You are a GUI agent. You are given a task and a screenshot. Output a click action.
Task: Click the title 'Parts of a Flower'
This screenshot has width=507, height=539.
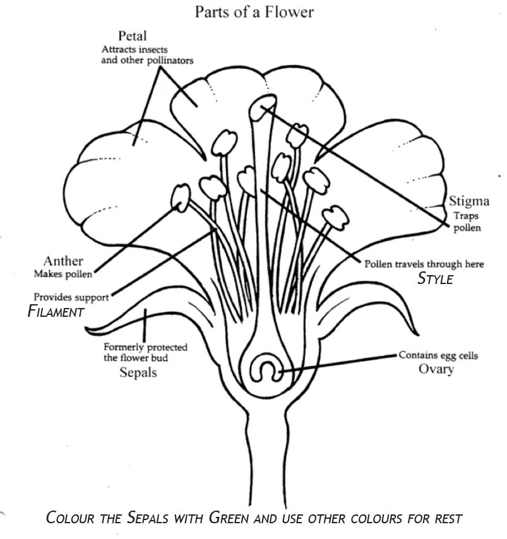pyautogui.click(x=254, y=11)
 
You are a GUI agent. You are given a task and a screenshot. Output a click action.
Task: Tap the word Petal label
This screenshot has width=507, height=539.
pyautogui.click(x=132, y=36)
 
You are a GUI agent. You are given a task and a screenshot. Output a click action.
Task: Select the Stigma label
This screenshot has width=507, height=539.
pyautogui.click(x=469, y=202)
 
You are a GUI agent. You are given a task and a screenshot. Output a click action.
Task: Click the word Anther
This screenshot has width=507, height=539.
pyautogui.click(x=63, y=261)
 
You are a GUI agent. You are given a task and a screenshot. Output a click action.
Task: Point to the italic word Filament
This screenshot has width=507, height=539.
pyautogui.click(x=56, y=311)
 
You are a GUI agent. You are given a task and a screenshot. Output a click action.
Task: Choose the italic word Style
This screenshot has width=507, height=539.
pyautogui.click(x=435, y=279)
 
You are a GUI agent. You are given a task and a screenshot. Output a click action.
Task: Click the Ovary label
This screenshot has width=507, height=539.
pyautogui.click(x=436, y=369)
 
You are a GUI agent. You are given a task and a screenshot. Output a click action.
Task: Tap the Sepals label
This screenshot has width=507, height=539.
pyautogui.click(x=138, y=372)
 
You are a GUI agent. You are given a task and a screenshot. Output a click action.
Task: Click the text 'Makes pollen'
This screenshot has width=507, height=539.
pyautogui.click(x=63, y=274)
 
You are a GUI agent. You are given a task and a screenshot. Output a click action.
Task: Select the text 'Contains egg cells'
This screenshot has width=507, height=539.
pyautogui.click(x=438, y=356)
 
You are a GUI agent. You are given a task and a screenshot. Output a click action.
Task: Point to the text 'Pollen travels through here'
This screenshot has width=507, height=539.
pyautogui.click(x=424, y=264)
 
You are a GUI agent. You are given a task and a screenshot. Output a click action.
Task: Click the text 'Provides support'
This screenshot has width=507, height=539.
pyautogui.click(x=71, y=296)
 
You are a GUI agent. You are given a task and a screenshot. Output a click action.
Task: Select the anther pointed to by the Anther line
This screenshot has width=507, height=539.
pyautogui.click(x=181, y=198)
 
